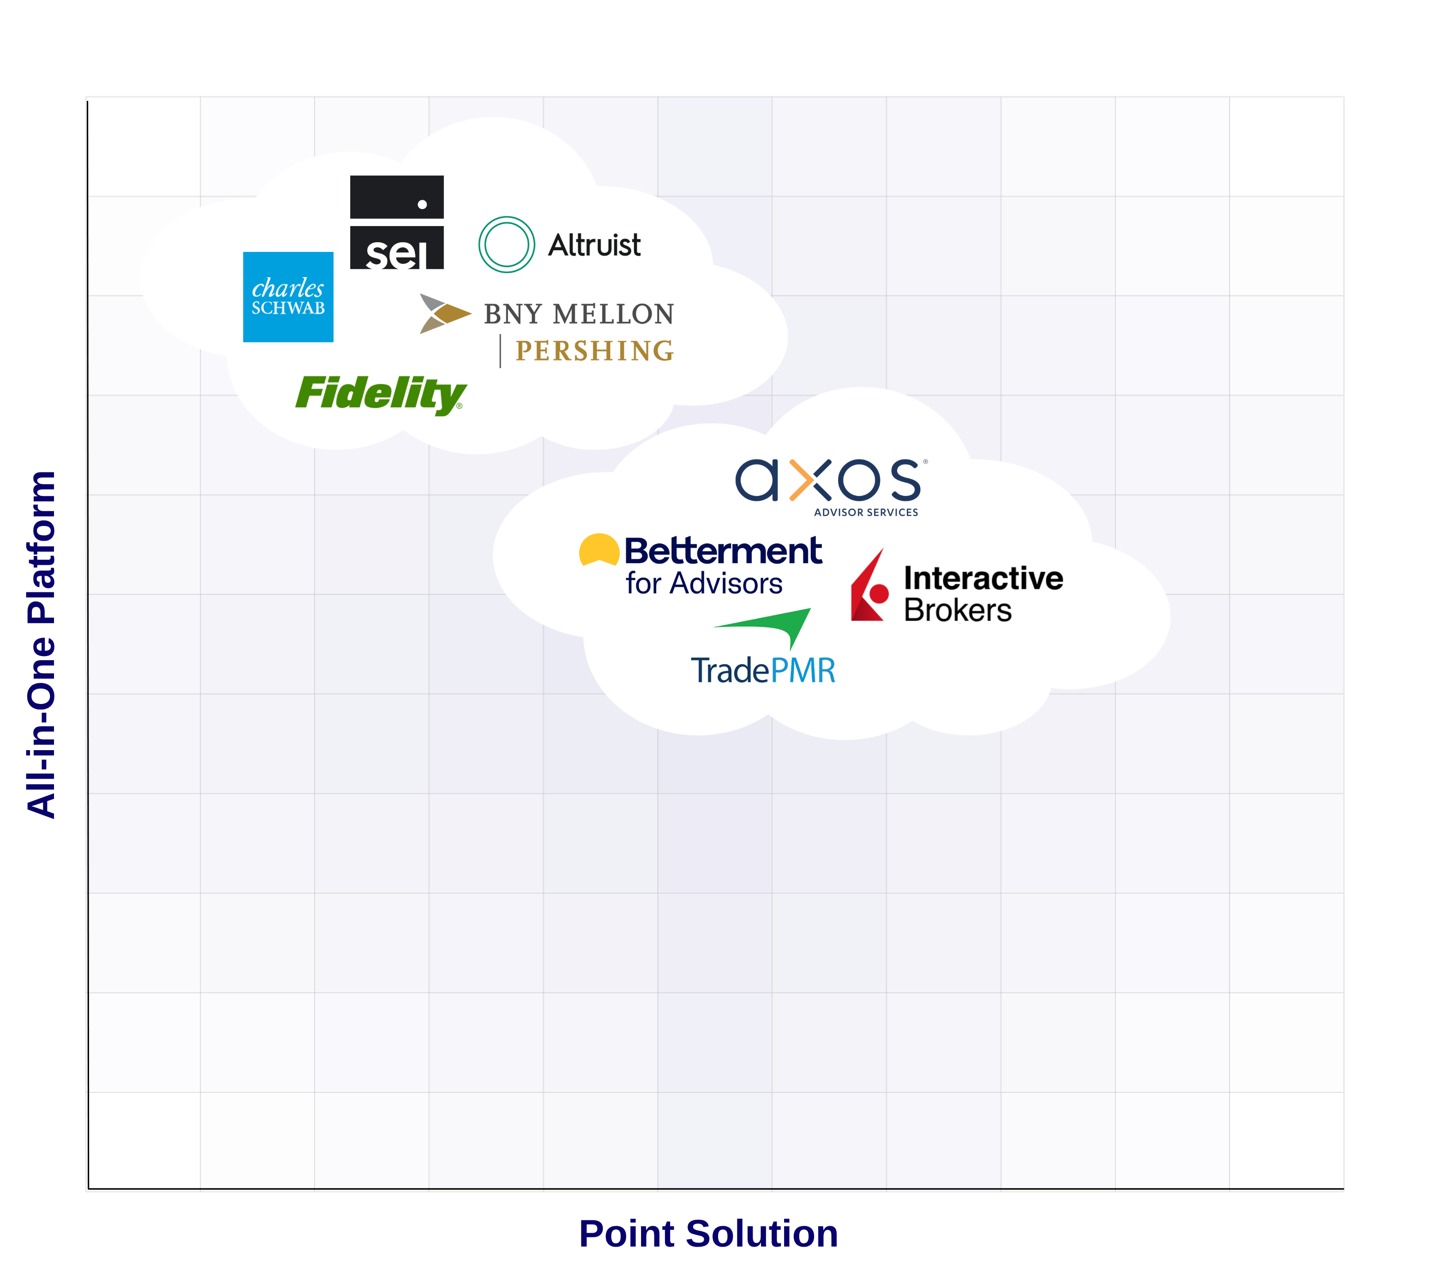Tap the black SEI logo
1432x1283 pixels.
[x=396, y=222]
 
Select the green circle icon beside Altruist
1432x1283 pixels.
[x=506, y=245]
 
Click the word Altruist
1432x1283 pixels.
[x=594, y=245]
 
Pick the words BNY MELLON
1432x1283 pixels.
[x=578, y=314]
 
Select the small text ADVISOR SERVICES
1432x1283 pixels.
[x=866, y=513]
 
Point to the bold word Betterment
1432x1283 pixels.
[x=723, y=551]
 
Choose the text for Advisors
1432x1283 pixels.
[x=704, y=584]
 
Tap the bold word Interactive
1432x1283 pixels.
[x=983, y=578]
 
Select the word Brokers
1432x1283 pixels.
[x=958, y=610]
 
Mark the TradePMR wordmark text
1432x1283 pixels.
[x=763, y=670]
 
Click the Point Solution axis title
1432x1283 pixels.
[x=708, y=1234]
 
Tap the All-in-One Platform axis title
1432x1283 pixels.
[x=41, y=644]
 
